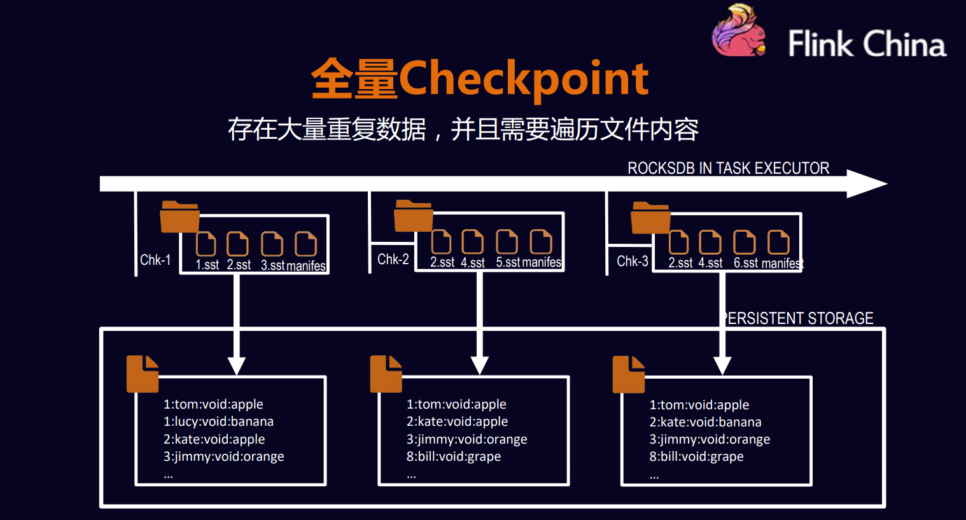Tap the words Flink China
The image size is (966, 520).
point(867,43)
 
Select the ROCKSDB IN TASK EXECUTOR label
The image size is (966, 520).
point(729,168)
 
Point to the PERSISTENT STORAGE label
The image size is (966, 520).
point(798,318)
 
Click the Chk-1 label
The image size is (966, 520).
point(155,260)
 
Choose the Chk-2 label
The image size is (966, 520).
point(393,258)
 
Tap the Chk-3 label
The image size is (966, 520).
point(632,261)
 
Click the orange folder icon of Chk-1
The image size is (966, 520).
point(179,216)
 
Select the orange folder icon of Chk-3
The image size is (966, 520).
point(650,217)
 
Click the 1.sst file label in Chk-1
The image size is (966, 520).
point(207,265)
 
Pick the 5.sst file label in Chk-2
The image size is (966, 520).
point(508,262)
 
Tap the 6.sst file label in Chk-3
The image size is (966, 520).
point(746,263)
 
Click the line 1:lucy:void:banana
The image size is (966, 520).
point(218,421)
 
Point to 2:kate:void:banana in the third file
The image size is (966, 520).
point(706,422)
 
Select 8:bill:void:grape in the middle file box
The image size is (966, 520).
point(454,456)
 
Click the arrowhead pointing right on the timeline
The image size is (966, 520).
point(867,184)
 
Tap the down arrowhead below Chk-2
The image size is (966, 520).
point(480,365)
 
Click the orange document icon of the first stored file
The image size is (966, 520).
point(143,374)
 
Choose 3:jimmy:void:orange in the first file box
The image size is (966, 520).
point(224,456)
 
